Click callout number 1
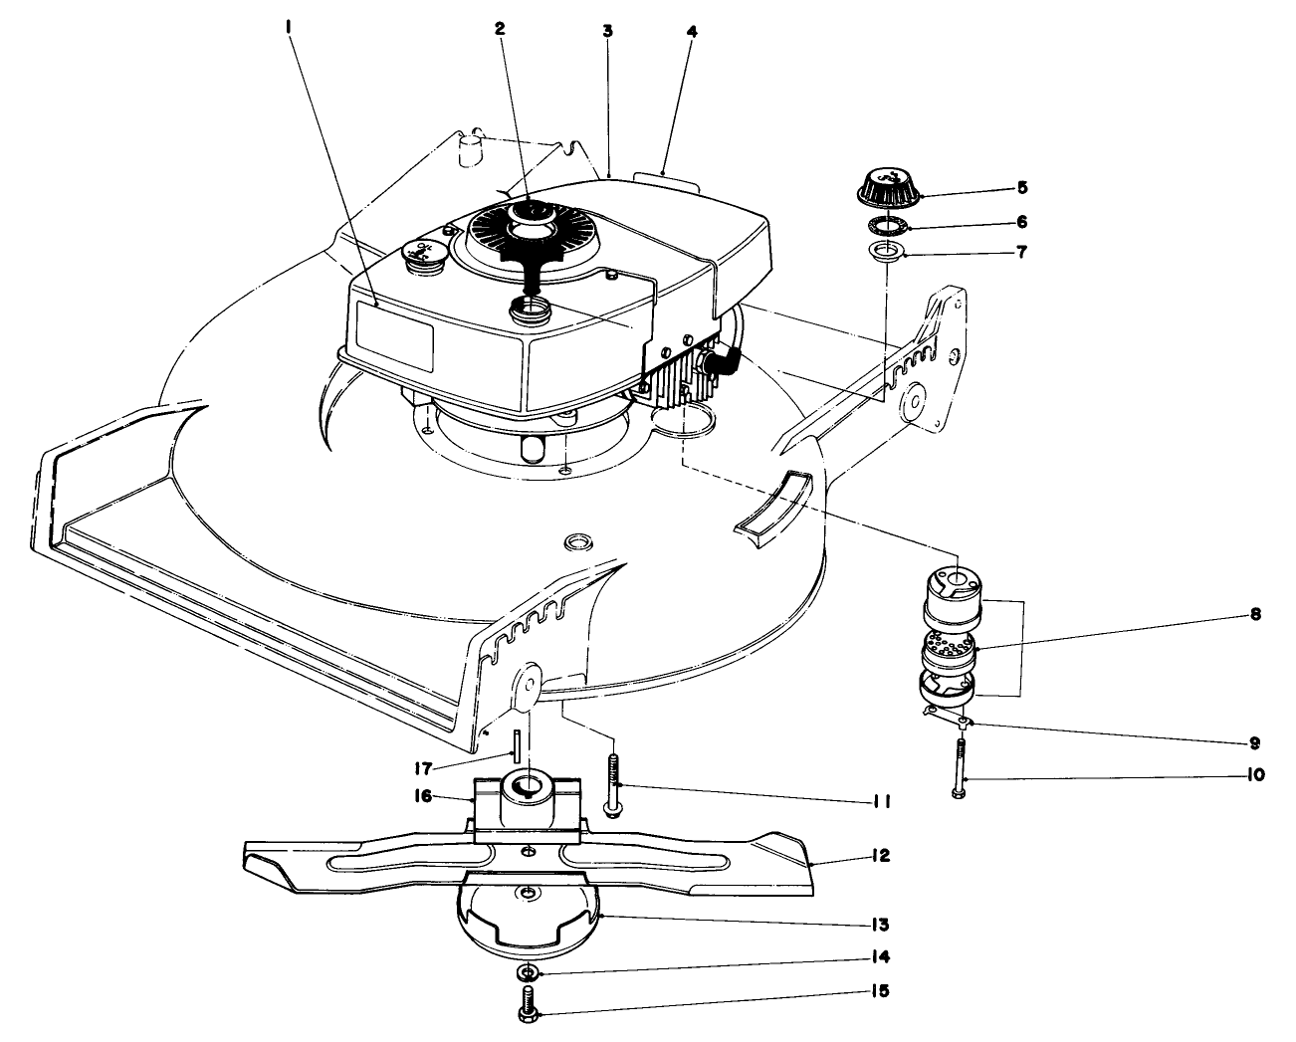(289, 30)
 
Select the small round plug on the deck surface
(577, 541)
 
